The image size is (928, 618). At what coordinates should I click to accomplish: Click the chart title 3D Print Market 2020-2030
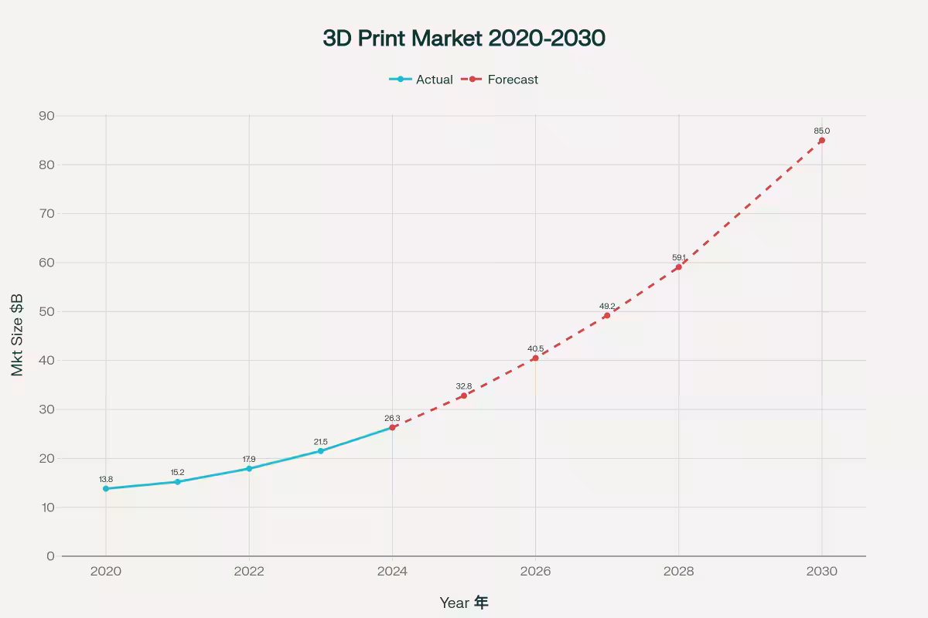pos(464,39)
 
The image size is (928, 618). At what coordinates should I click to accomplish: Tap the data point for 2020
pos(106,488)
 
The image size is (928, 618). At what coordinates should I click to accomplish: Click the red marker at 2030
pos(821,141)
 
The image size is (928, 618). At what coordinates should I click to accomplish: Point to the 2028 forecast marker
pos(678,267)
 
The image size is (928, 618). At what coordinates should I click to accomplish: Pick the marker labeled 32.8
pos(464,396)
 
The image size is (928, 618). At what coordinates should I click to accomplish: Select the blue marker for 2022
pos(249,468)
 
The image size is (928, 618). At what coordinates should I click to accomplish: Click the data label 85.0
pos(821,131)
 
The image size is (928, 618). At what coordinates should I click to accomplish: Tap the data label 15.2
pos(177,472)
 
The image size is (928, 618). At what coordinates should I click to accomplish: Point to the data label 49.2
pos(607,306)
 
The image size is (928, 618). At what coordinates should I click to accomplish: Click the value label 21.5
pos(320,442)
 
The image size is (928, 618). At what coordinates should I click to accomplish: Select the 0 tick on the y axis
pos(50,556)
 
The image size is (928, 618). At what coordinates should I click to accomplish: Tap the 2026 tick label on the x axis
pos(535,572)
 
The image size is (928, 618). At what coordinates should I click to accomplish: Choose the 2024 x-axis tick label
pos(392,572)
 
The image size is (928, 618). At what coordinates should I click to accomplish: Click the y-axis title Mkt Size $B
pos(18,334)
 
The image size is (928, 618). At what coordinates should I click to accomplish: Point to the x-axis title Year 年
pos(464,603)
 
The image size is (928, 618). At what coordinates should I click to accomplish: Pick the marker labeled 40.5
pos(535,358)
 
